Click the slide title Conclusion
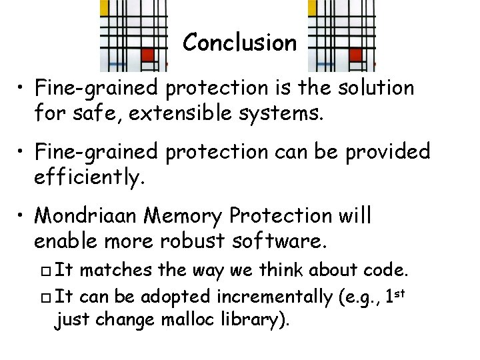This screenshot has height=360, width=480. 239,43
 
